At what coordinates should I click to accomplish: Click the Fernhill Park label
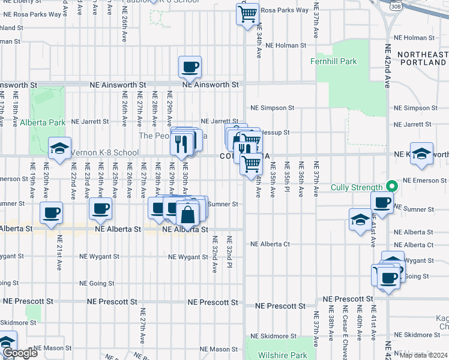pyautogui.click(x=334, y=61)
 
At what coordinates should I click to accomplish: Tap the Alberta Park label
pyautogui.click(x=42, y=122)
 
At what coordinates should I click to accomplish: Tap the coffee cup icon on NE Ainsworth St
pyautogui.click(x=190, y=67)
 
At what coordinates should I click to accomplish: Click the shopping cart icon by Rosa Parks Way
pyautogui.click(x=247, y=13)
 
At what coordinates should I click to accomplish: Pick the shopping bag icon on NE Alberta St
pyautogui.click(x=188, y=213)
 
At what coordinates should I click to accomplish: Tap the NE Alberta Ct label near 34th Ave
pyautogui.click(x=270, y=244)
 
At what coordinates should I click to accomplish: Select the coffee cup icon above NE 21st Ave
pyautogui.click(x=51, y=211)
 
